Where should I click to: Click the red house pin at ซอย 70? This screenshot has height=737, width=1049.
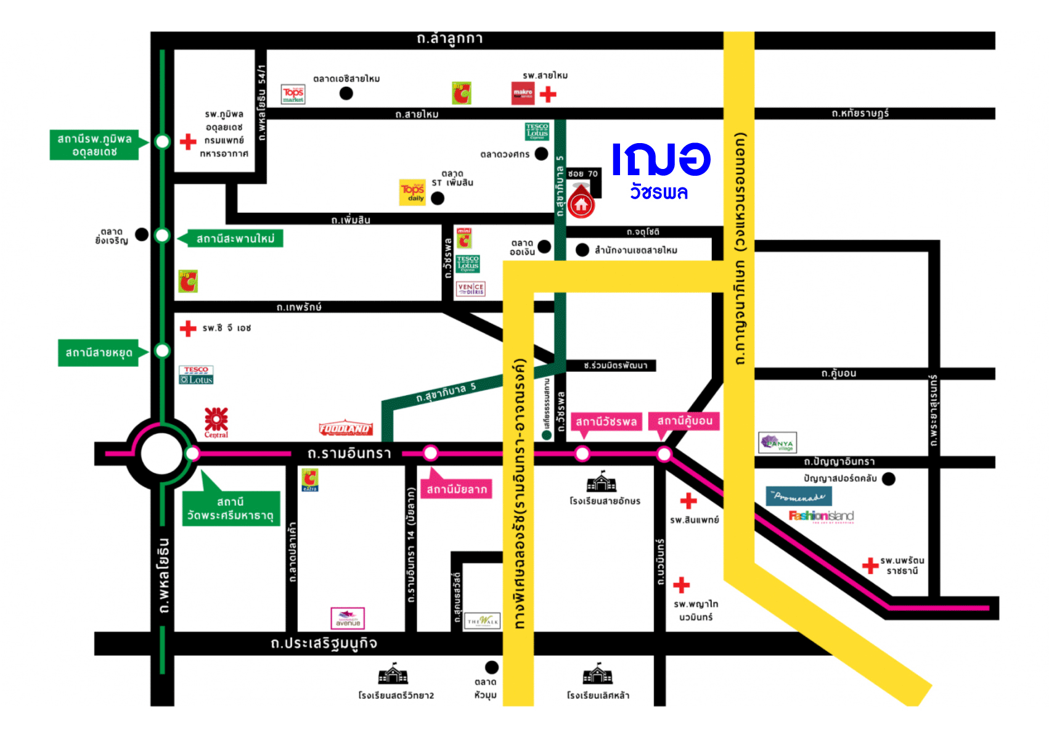click(x=581, y=204)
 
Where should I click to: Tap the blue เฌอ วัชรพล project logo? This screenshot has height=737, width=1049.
click(x=661, y=170)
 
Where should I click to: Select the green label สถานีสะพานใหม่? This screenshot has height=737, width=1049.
click(x=234, y=239)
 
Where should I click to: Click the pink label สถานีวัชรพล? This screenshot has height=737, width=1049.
click(x=606, y=422)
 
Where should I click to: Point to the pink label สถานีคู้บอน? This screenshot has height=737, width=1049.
click(x=684, y=421)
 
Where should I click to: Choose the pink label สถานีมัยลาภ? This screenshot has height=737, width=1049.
click(x=457, y=490)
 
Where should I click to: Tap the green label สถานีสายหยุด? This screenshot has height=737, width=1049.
click(x=99, y=353)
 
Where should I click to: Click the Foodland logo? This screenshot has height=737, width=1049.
click(x=345, y=428)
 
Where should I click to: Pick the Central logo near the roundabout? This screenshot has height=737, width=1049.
click(x=216, y=422)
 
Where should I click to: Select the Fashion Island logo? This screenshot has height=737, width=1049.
click(x=821, y=516)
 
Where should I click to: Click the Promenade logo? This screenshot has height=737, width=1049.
click(x=799, y=496)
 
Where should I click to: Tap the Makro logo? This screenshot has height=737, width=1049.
click(x=523, y=94)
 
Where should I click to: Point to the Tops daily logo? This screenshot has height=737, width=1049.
click(x=412, y=192)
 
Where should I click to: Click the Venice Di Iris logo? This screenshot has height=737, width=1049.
click(x=471, y=289)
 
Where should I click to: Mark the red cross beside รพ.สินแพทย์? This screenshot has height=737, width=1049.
click(x=688, y=501)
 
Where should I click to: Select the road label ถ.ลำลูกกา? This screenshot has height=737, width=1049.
click(x=449, y=39)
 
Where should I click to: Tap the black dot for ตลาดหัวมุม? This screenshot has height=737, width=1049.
click(x=492, y=667)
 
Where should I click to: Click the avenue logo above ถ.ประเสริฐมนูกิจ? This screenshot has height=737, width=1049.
click(x=348, y=618)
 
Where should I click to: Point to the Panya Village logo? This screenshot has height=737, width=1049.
click(x=778, y=442)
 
